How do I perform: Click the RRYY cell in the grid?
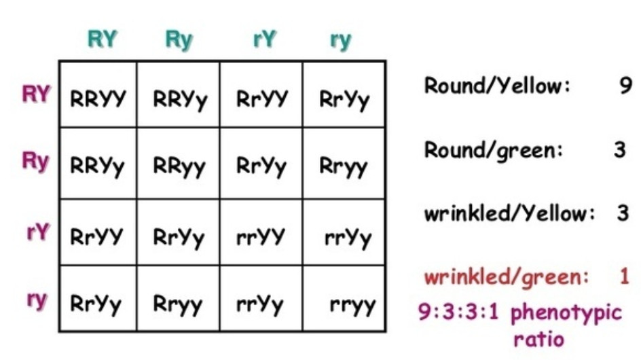pos(98,99)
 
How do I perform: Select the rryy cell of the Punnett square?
pos(352,305)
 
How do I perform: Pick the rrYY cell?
pos(261,236)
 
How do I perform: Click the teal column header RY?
pos(102,39)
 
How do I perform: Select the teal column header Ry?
pos(179,40)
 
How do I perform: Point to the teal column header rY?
pos(264,39)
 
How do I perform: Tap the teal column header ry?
pos(341,40)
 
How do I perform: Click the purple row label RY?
pos(36,94)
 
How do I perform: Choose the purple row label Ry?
pos(36,162)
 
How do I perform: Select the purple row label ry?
pos(37,300)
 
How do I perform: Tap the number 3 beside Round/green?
pos(620,149)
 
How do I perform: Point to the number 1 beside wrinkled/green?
pos(625,276)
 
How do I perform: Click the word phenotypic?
pos(566,313)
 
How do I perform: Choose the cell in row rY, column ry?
pos(348,237)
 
